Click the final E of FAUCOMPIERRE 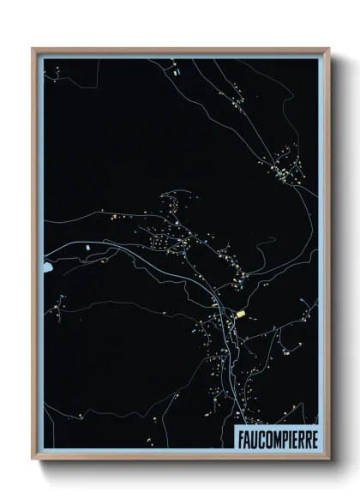click(311, 437)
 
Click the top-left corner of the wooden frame click(33, 49)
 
